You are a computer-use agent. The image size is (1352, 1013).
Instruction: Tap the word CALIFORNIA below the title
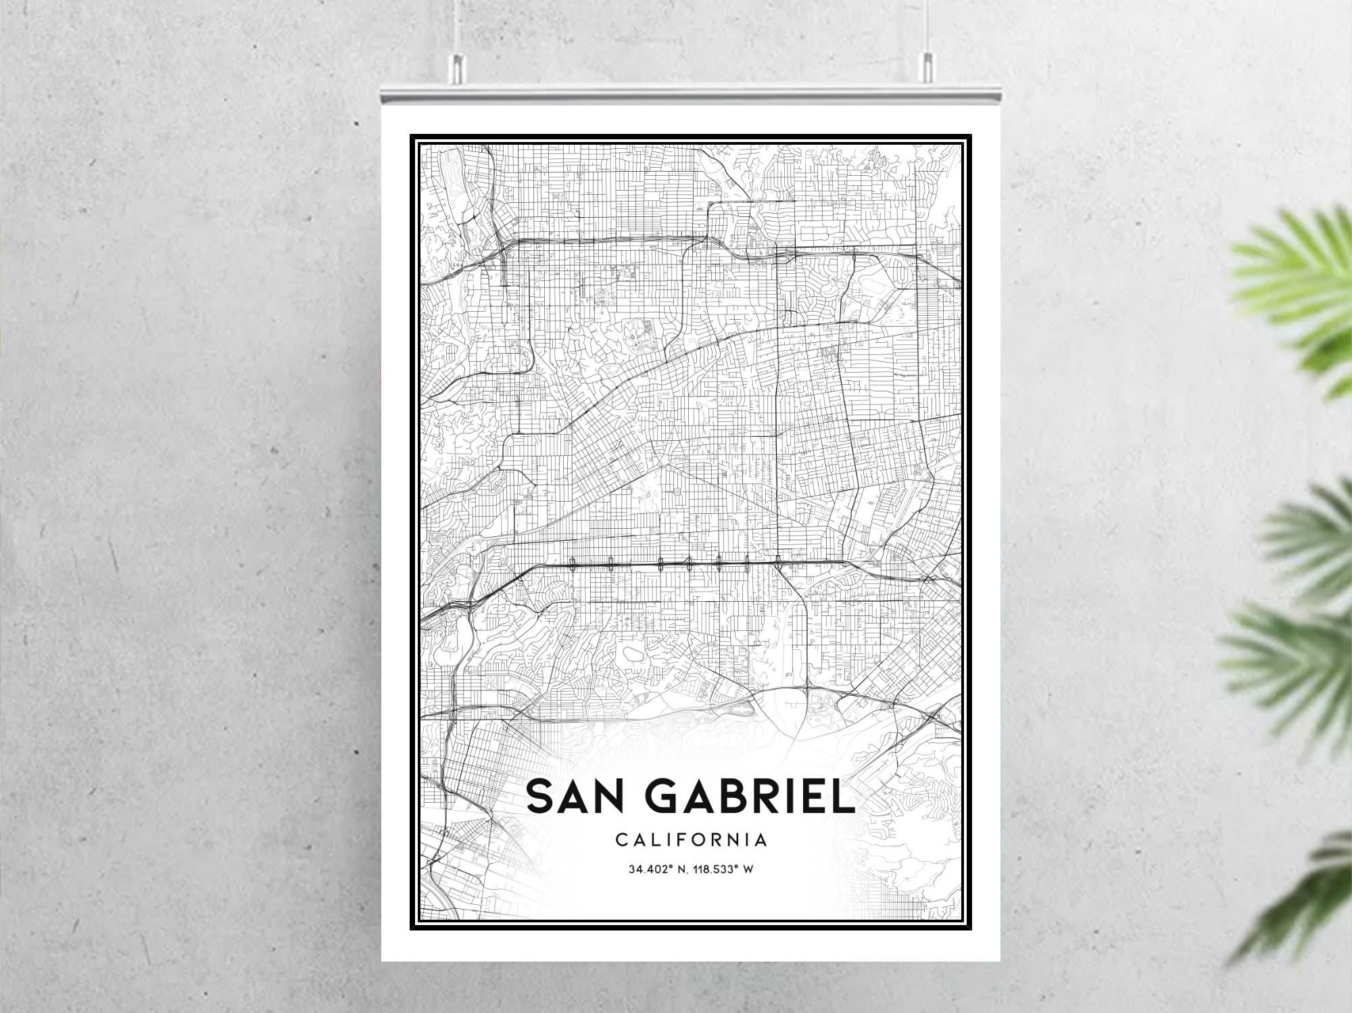click(x=691, y=841)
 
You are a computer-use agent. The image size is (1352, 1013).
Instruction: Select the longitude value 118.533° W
click(x=723, y=870)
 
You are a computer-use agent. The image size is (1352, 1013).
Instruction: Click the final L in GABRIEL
click(x=842, y=797)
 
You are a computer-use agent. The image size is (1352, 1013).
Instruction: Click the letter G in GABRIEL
click(x=669, y=797)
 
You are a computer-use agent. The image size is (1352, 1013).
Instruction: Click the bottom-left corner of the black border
click(x=412, y=930)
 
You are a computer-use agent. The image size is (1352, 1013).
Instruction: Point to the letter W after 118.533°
click(x=748, y=870)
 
